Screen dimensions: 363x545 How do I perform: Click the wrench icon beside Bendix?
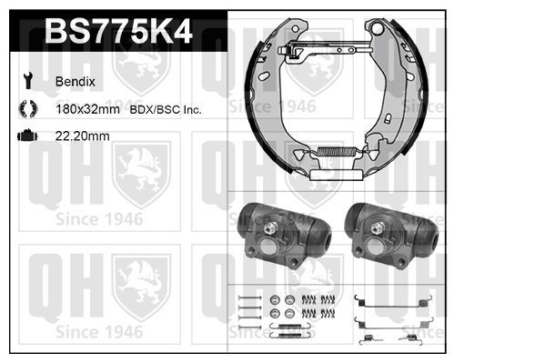pyautogui.click(x=25, y=80)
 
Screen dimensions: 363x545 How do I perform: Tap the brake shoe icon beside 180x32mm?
pyautogui.click(x=25, y=109)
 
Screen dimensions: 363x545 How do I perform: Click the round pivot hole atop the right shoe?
pyautogui.click(x=373, y=28)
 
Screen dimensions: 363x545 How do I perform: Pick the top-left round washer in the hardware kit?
pyautogui.click(x=276, y=299)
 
